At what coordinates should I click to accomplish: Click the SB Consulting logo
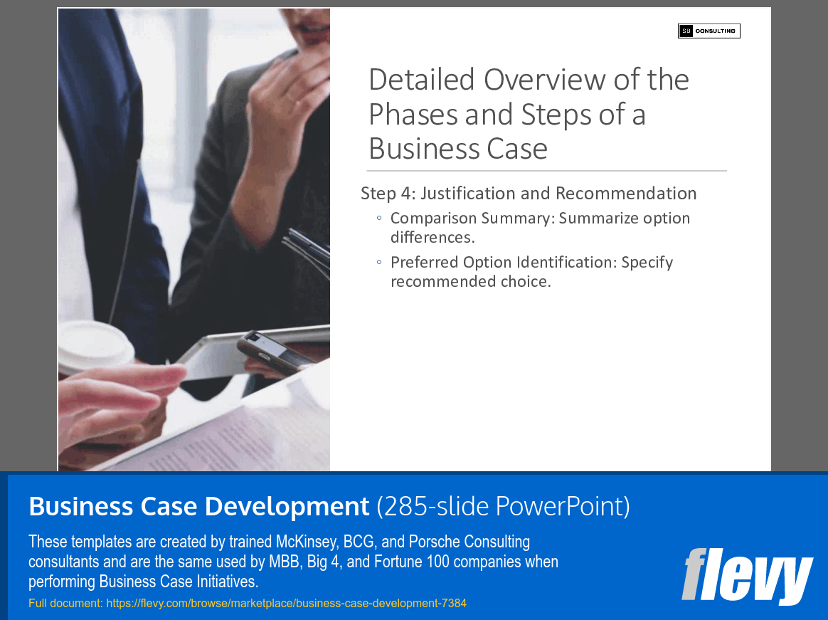click(x=708, y=31)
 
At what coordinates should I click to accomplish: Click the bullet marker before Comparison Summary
click(x=379, y=219)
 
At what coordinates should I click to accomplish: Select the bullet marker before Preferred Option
click(x=379, y=263)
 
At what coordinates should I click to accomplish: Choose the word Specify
click(x=647, y=263)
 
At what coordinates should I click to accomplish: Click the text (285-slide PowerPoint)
click(x=503, y=507)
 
